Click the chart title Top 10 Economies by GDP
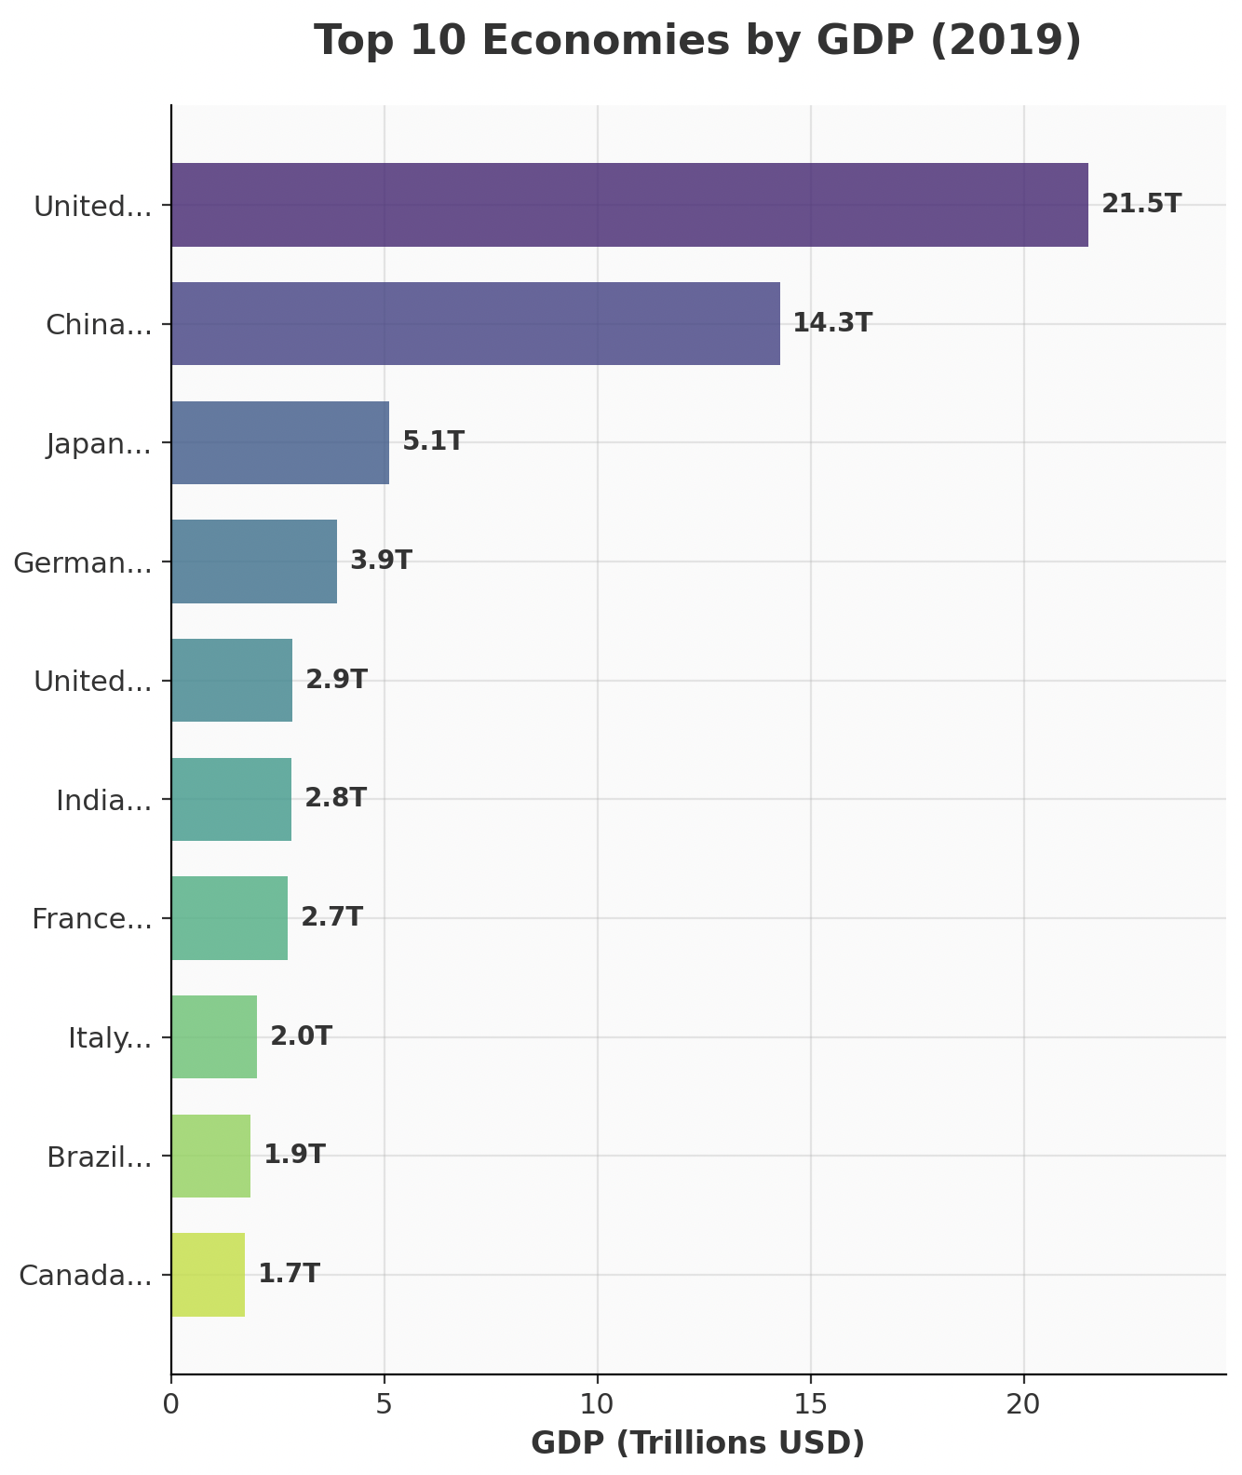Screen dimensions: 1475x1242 click(697, 41)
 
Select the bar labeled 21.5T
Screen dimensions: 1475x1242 click(629, 205)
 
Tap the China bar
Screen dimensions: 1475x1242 click(475, 324)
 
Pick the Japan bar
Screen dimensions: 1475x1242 click(279, 442)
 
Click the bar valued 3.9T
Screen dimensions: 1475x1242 click(253, 562)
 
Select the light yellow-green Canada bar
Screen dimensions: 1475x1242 click(208, 1275)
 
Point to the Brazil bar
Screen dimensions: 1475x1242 click(210, 1156)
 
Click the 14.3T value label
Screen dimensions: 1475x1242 click(832, 323)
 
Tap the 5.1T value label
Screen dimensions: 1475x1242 click(433, 441)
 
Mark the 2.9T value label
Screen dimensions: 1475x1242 click(336, 680)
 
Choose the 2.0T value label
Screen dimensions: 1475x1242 click(301, 1036)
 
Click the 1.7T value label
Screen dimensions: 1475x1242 click(289, 1274)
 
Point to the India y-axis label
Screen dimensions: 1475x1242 click(103, 800)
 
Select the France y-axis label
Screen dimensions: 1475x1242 click(91, 919)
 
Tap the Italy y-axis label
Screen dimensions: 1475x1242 click(110, 1037)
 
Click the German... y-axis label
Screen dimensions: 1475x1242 click(83, 562)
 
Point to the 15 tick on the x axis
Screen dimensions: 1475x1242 click(811, 1403)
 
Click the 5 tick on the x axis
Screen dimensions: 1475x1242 click(384, 1403)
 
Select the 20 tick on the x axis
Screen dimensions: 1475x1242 click(1024, 1403)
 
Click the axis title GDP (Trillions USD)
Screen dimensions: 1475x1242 click(697, 1443)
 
